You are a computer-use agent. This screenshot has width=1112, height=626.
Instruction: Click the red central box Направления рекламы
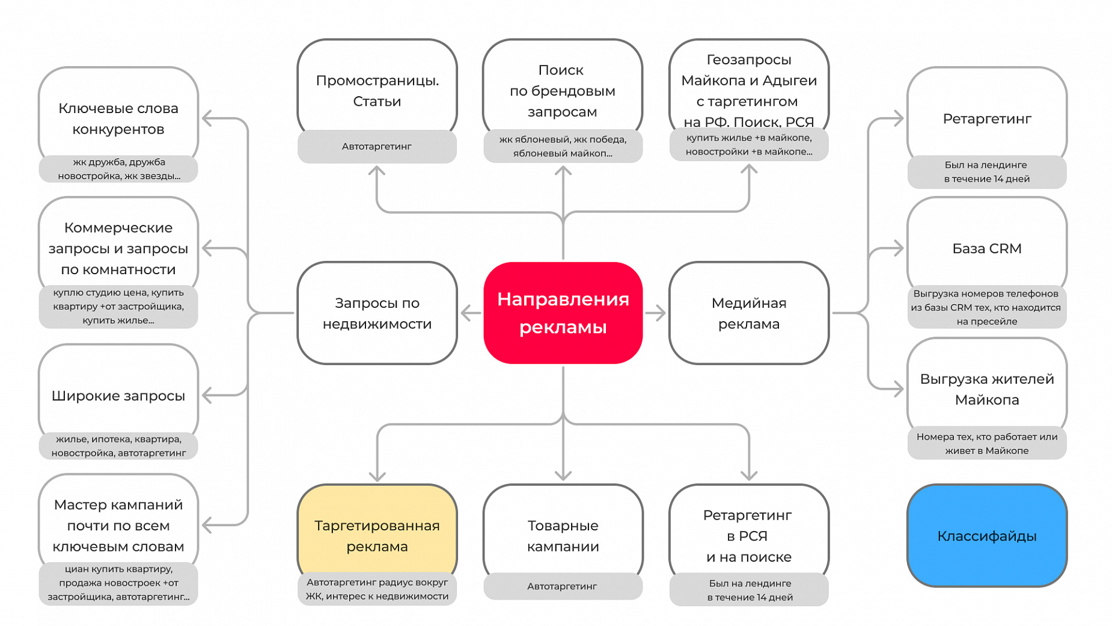(x=563, y=313)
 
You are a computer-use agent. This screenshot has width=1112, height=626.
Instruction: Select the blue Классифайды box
(x=987, y=536)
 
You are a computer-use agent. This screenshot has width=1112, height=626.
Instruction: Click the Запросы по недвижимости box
(x=377, y=313)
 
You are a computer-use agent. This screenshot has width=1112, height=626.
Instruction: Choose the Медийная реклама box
(x=749, y=313)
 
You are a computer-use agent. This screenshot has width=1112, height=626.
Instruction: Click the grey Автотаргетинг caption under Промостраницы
(x=377, y=146)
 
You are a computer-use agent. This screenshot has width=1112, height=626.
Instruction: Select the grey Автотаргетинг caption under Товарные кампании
(x=563, y=586)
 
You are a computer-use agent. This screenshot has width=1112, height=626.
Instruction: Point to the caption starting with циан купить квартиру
(x=118, y=583)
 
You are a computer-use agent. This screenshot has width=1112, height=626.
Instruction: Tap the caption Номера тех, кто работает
(x=987, y=444)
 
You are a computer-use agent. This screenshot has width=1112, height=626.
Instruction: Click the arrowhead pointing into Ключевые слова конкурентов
(x=207, y=118)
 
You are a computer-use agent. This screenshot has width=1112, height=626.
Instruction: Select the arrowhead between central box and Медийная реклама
(x=661, y=313)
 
